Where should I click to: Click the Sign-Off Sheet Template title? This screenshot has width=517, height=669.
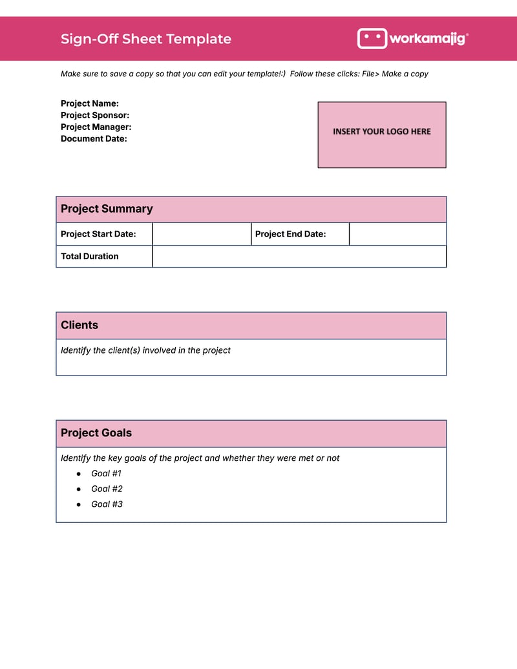145,39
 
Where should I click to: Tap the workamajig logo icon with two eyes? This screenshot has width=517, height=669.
372,38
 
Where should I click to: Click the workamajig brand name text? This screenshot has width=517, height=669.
427,39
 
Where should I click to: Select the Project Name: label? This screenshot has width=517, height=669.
90,103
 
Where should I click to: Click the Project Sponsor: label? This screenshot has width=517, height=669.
95,115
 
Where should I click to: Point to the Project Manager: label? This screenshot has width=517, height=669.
96,127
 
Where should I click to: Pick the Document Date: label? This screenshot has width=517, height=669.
94,138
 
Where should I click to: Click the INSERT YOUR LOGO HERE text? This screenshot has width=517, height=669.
381,131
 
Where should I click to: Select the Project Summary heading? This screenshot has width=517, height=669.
107,209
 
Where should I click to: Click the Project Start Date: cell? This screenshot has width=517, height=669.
98,234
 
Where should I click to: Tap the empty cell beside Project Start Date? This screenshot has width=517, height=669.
201,234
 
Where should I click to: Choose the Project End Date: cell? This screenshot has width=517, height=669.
291,234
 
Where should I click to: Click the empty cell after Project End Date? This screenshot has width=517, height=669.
397,234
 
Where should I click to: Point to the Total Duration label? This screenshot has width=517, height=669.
90,256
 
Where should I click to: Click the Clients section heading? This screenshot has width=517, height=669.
79,325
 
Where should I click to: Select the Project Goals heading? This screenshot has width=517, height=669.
96,433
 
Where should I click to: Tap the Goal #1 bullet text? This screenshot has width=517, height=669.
107,473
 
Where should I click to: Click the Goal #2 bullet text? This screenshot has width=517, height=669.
107,489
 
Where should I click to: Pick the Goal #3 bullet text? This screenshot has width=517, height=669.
107,504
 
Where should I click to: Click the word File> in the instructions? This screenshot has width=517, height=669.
370,74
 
